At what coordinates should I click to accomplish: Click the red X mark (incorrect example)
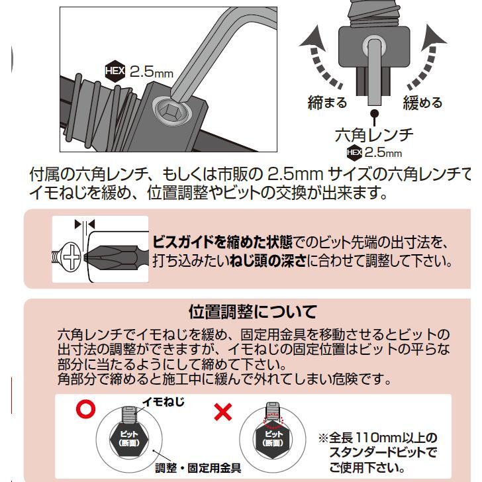pyautogui.click(x=224, y=412)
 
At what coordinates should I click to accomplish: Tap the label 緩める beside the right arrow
pyautogui.click(x=422, y=103)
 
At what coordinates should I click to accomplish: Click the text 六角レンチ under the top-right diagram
pyautogui.click(x=375, y=136)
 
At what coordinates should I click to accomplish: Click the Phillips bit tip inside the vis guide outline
pyautogui.click(x=116, y=254)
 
